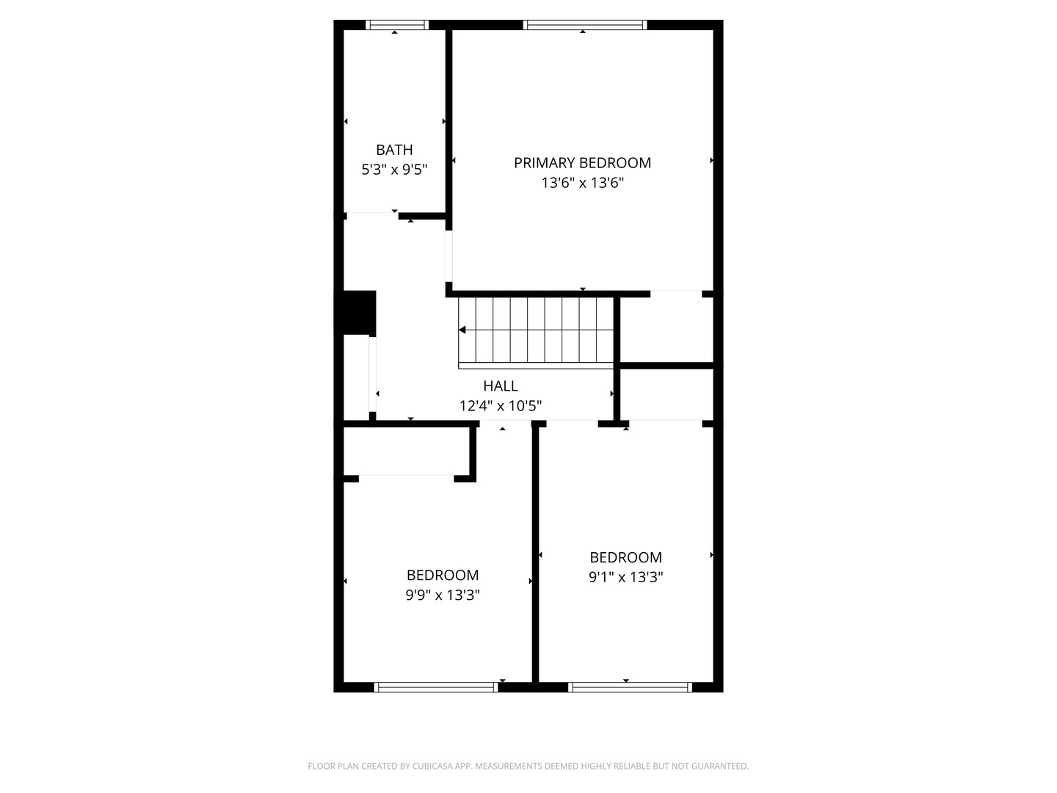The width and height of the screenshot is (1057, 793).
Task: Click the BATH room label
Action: pos(394,150)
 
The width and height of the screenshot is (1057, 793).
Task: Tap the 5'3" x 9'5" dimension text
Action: pos(394,170)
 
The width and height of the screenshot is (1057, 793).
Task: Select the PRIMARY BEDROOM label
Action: pos(582,163)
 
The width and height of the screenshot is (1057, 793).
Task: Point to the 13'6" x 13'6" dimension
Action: pos(583,183)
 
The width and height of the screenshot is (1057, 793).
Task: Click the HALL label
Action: pos(501,385)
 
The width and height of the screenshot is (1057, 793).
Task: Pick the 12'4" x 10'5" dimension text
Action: pos(501,406)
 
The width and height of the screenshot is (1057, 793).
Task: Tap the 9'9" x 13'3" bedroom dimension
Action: pos(443,595)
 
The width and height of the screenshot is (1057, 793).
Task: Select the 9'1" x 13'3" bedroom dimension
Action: pos(625,577)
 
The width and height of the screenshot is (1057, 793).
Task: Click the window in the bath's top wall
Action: pos(397,25)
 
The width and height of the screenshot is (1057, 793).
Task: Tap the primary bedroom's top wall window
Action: pos(584,25)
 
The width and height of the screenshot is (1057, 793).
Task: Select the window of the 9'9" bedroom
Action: pos(436,687)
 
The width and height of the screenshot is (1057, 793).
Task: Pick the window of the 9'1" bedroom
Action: pos(630,687)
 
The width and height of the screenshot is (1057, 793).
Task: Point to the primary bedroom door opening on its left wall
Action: pos(448,256)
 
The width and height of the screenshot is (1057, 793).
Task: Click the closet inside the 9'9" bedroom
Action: pos(406,451)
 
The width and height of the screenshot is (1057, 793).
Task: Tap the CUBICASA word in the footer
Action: pos(432,766)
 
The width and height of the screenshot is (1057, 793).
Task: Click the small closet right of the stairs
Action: pos(666,330)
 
